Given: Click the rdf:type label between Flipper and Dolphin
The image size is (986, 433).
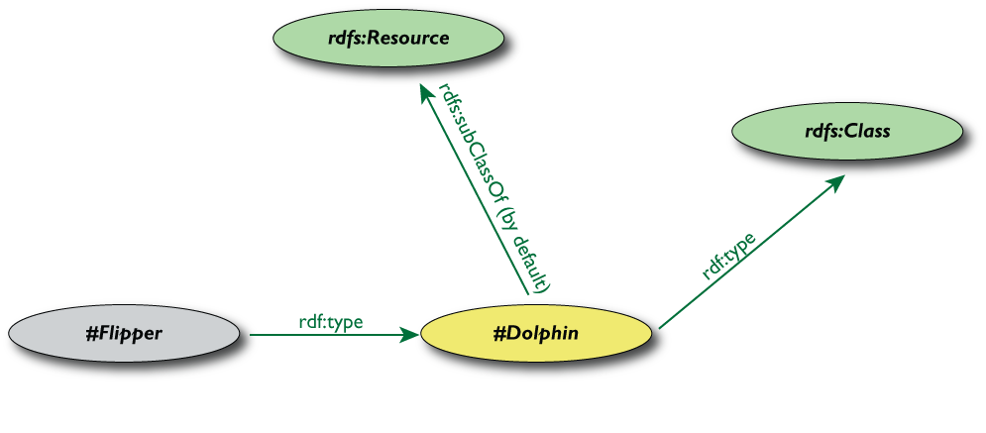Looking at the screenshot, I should coord(330,321).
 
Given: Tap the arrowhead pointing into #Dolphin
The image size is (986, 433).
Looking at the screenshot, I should coord(410,335).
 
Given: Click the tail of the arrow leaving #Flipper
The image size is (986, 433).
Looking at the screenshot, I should coord(252,335).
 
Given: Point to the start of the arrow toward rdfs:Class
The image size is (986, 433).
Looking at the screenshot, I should coord(660,325).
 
